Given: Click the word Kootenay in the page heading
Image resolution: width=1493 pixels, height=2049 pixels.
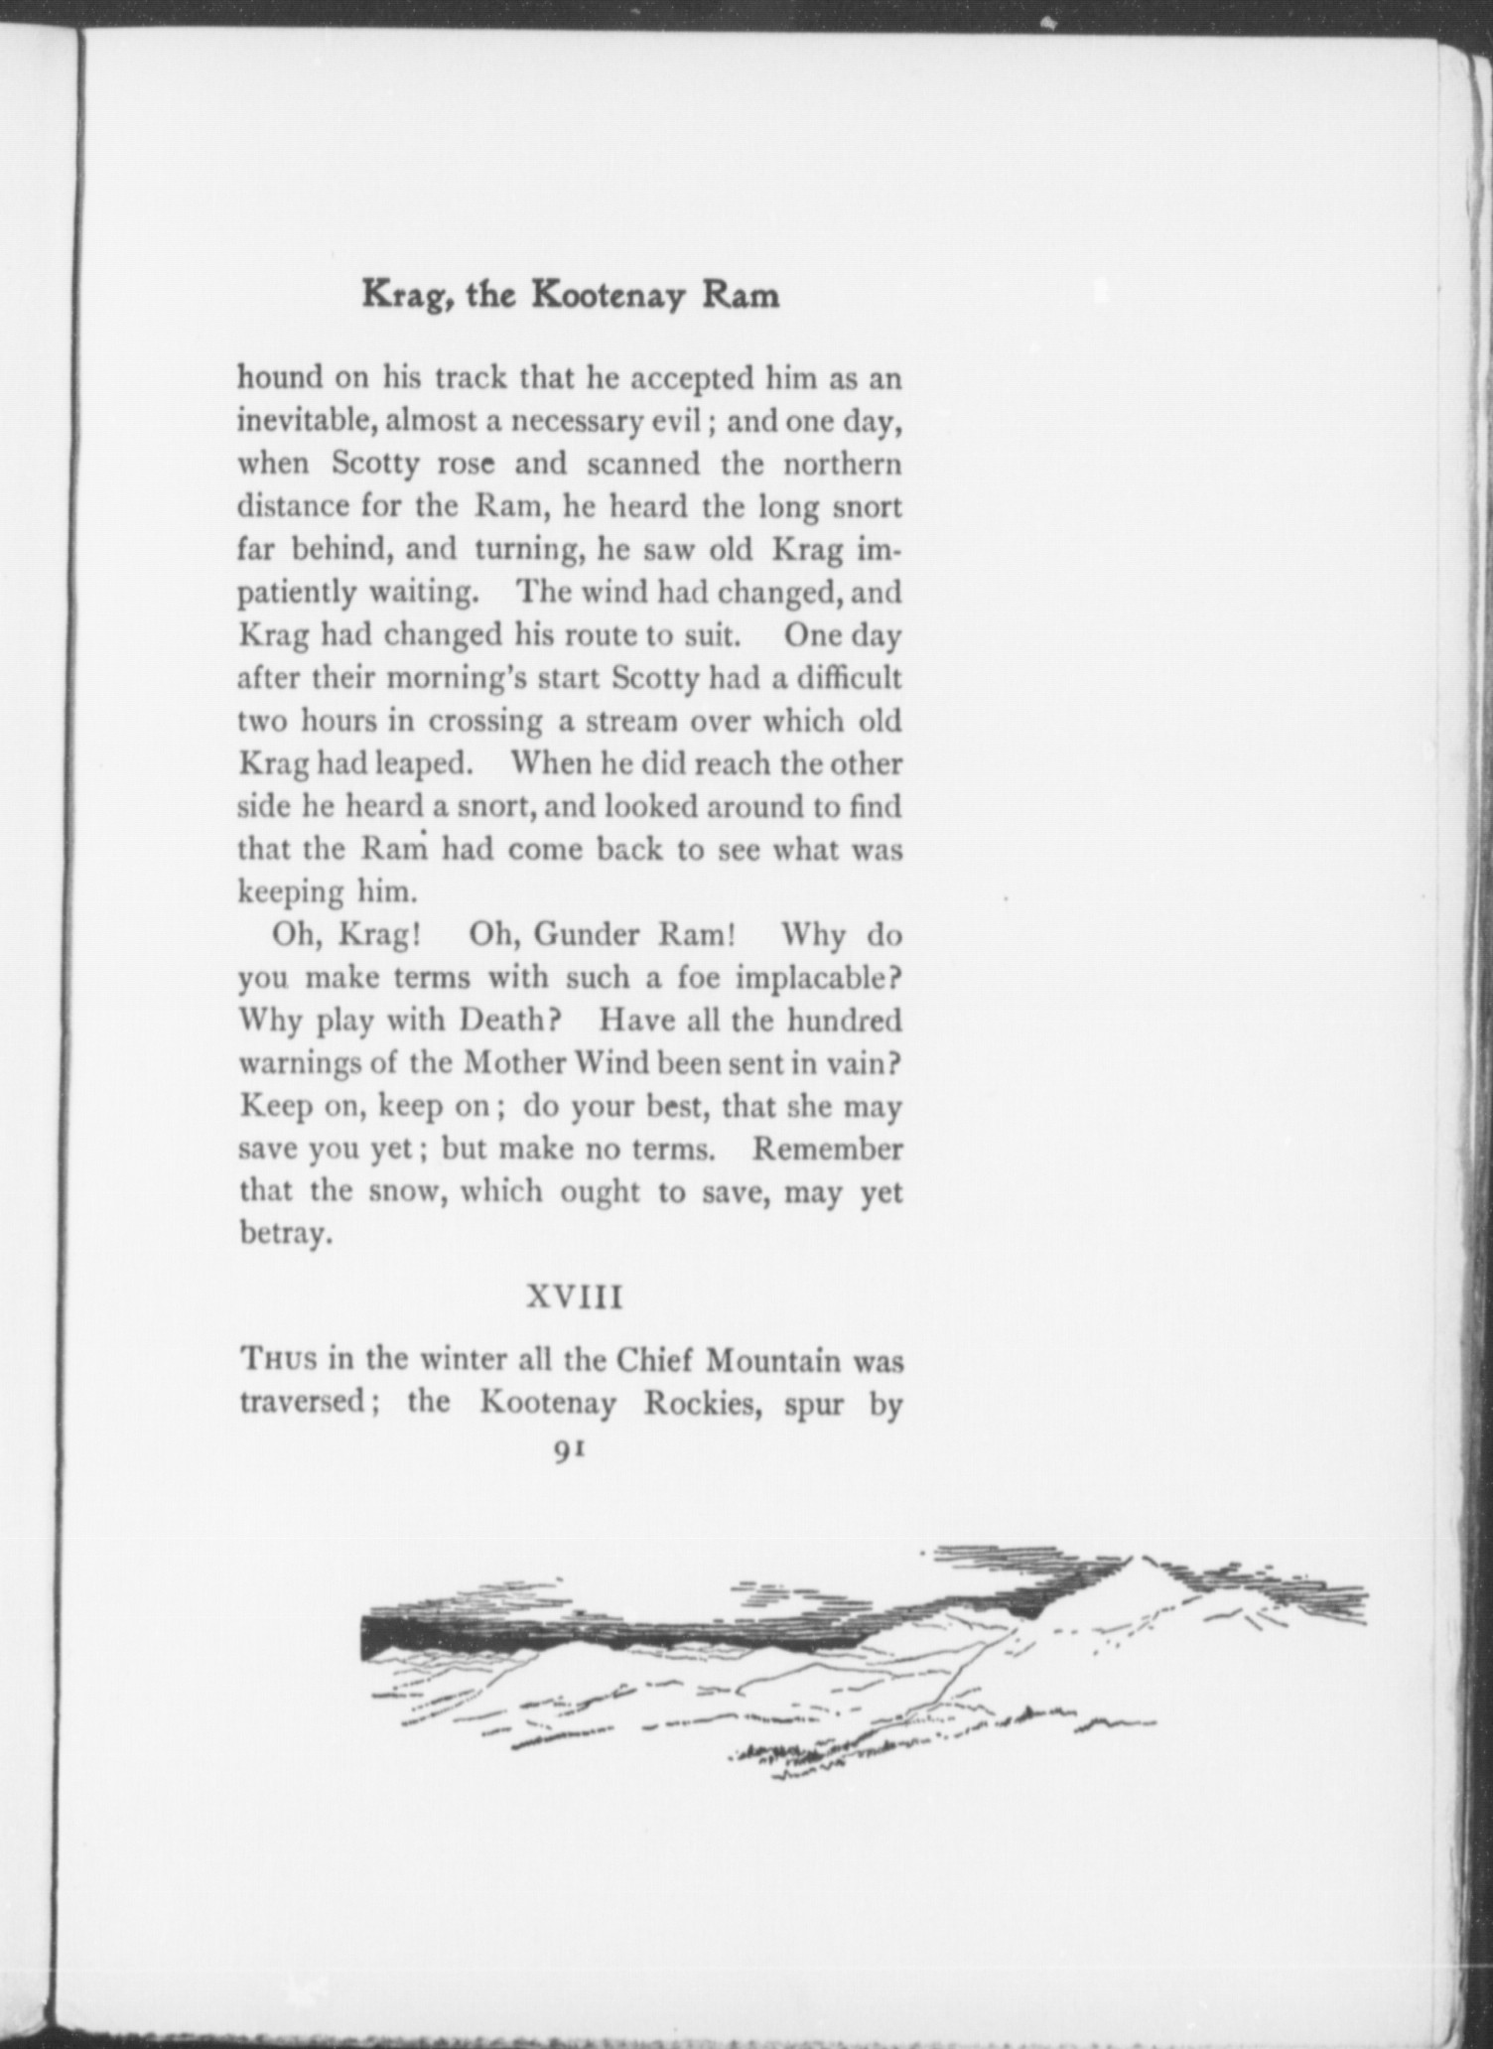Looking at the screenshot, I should click(610, 296).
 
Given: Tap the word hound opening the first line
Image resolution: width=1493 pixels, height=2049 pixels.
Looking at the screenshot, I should click(280, 378).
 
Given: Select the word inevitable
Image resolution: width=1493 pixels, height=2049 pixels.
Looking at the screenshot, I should click(303, 421).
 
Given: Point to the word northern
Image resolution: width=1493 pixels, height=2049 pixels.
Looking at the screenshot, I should click(843, 464).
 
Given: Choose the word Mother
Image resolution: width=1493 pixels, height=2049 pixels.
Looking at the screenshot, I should click(514, 1063).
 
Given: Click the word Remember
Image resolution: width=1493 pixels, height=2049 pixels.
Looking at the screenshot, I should click(827, 1149).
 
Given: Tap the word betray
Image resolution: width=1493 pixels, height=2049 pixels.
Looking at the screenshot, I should click(282, 1234).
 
